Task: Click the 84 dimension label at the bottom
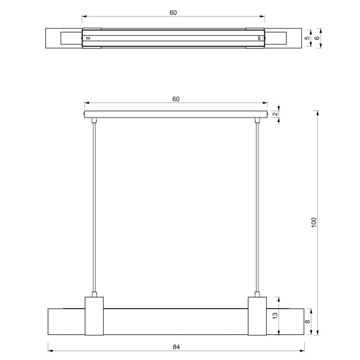pyautogui.click(x=176, y=347)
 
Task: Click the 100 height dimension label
pyautogui.click(x=314, y=222)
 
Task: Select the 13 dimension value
pyautogui.click(x=275, y=315)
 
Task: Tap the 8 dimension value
pyautogui.click(x=307, y=321)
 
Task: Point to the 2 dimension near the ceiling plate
pyautogui.click(x=276, y=114)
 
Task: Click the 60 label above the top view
pyautogui.click(x=173, y=12)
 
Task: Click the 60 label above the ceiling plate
pyautogui.click(x=176, y=99)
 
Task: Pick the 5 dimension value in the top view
pyautogui.click(x=307, y=38)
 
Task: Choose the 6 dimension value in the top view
pyautogui.click(x=317, y=38)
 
